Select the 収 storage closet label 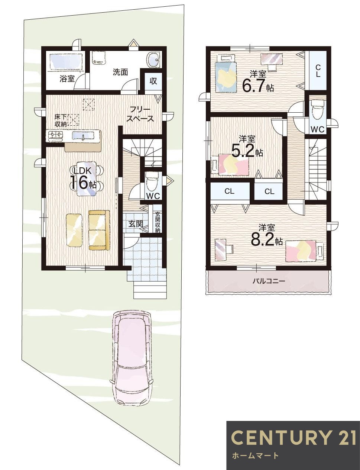coord(153,81)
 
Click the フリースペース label coord(140,114)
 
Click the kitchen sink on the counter coord(83,136)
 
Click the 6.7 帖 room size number coord(257,86)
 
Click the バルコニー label coord(269,281)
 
